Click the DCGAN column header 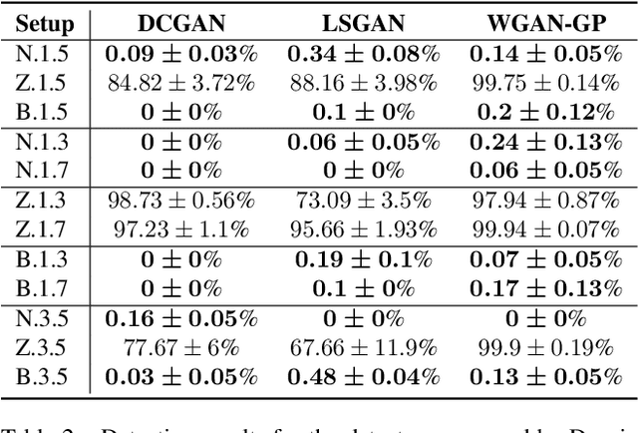point(180,23)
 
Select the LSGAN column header point(362,23)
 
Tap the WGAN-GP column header point(546,23)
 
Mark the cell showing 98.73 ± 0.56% point(180,202)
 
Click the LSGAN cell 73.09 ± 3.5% point(362,202)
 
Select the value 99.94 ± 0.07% point(546,230)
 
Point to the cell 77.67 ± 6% point(180,349)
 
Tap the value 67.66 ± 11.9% point(362,349)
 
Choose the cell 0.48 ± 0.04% point(362,378)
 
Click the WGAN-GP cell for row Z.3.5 point(546,349)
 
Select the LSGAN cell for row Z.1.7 point(362,230)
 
